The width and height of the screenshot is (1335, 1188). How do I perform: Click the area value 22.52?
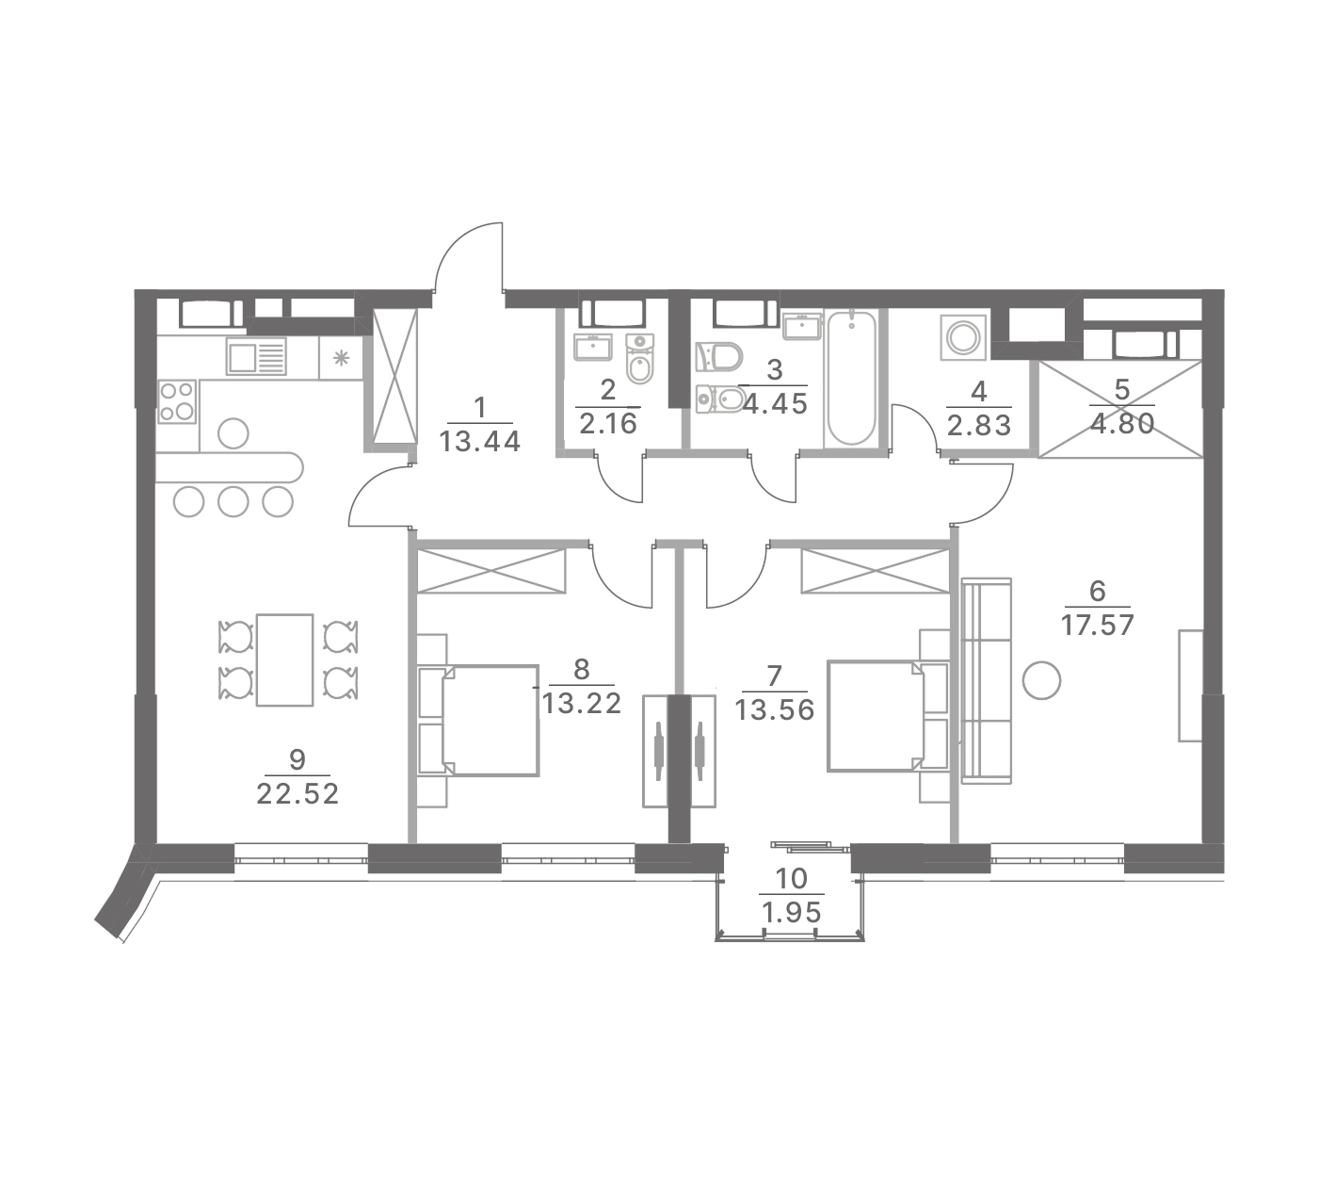tap(298, 794)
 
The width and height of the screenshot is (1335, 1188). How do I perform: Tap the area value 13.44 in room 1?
tap(480, 442)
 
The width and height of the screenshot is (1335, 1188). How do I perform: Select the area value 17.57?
tap(1097, 625)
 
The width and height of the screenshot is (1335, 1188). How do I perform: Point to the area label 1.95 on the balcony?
tap(792, 913)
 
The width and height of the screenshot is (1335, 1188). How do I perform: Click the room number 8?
tap(581, 669)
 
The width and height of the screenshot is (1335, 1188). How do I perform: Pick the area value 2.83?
tap(979, 426)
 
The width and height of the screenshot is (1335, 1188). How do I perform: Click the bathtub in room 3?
tap(851, 378)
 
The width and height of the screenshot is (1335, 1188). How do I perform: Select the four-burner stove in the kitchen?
tap(177, 401)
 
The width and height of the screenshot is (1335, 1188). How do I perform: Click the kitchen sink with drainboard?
tap(256, 356)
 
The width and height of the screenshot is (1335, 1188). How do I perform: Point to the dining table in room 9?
tap(284, 659)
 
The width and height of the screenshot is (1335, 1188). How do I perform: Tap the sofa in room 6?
tap(986, 681)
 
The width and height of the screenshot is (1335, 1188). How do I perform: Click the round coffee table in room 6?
tap(1042, 679)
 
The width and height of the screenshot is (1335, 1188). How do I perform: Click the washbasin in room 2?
tap(593, 347)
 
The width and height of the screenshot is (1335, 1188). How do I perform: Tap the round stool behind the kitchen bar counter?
tap(233, 433)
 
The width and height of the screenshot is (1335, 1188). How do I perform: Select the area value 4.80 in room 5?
tap(1122, 425)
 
